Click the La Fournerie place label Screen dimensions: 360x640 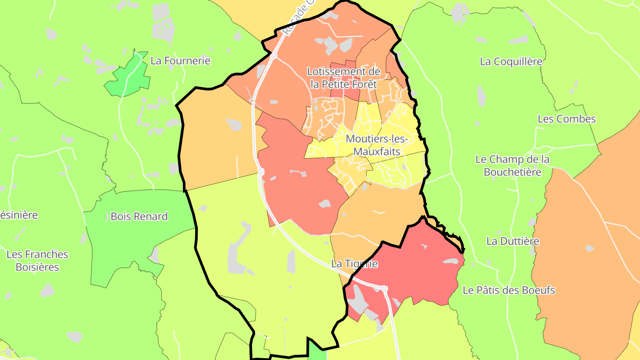pos(180,61)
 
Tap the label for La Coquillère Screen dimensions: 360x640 pos(511,62)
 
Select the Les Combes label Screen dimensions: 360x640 pos(566,119)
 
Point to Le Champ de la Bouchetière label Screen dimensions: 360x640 pos(512,165)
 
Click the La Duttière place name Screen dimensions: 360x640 pos(512,241)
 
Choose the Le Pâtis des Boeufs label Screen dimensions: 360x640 pos(509,291)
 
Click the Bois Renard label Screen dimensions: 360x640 pos(139,216)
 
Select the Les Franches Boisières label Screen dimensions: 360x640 pos(37,261)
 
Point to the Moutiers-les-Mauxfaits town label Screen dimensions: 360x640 pos(377,145)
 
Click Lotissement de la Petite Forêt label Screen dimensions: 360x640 pos(344,78)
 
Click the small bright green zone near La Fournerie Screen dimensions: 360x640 pos(129,76)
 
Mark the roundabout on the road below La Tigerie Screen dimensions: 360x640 pos(385,289)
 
